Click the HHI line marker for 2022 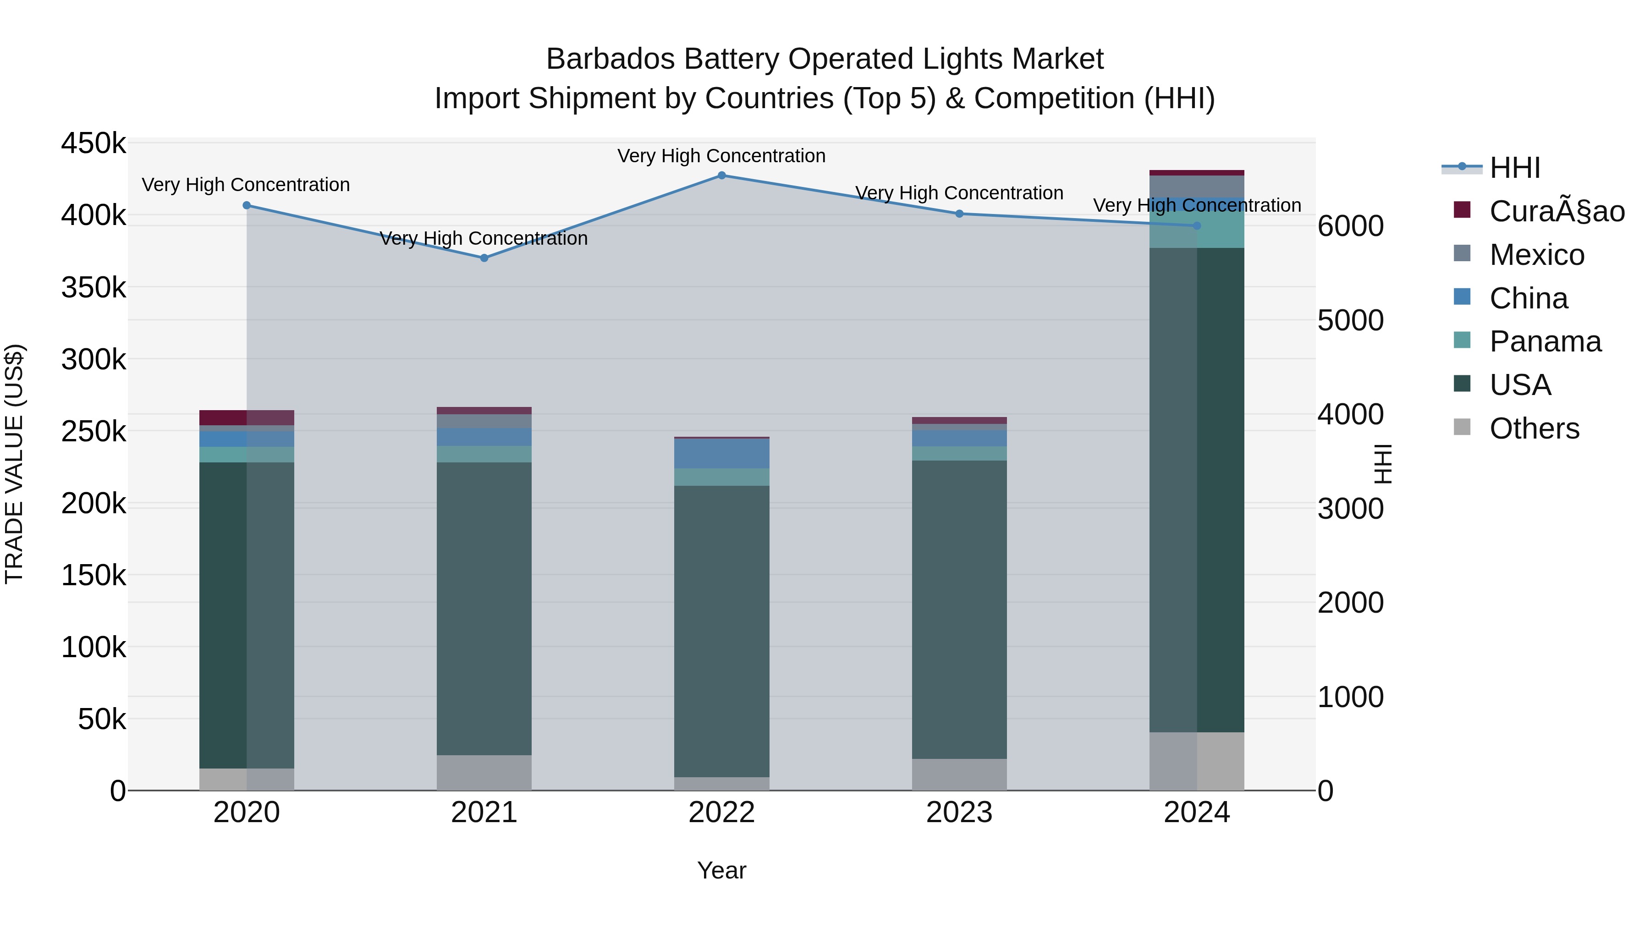(721, 176)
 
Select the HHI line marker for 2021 (484, 258)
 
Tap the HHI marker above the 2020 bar (247, 206)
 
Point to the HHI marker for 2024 (1197, 226)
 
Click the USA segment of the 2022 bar (721, 631)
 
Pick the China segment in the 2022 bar (721, 453)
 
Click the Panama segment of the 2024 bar (1197, 231)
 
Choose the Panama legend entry (1544, 341)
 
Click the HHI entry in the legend (1514, 168)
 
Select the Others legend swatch (1463, 427)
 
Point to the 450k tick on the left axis (93, 143)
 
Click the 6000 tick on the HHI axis (1350, 226)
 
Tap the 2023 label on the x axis (959, 813)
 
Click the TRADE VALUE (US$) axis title (14, 464)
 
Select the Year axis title (721, 870)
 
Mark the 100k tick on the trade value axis (93, 648)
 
